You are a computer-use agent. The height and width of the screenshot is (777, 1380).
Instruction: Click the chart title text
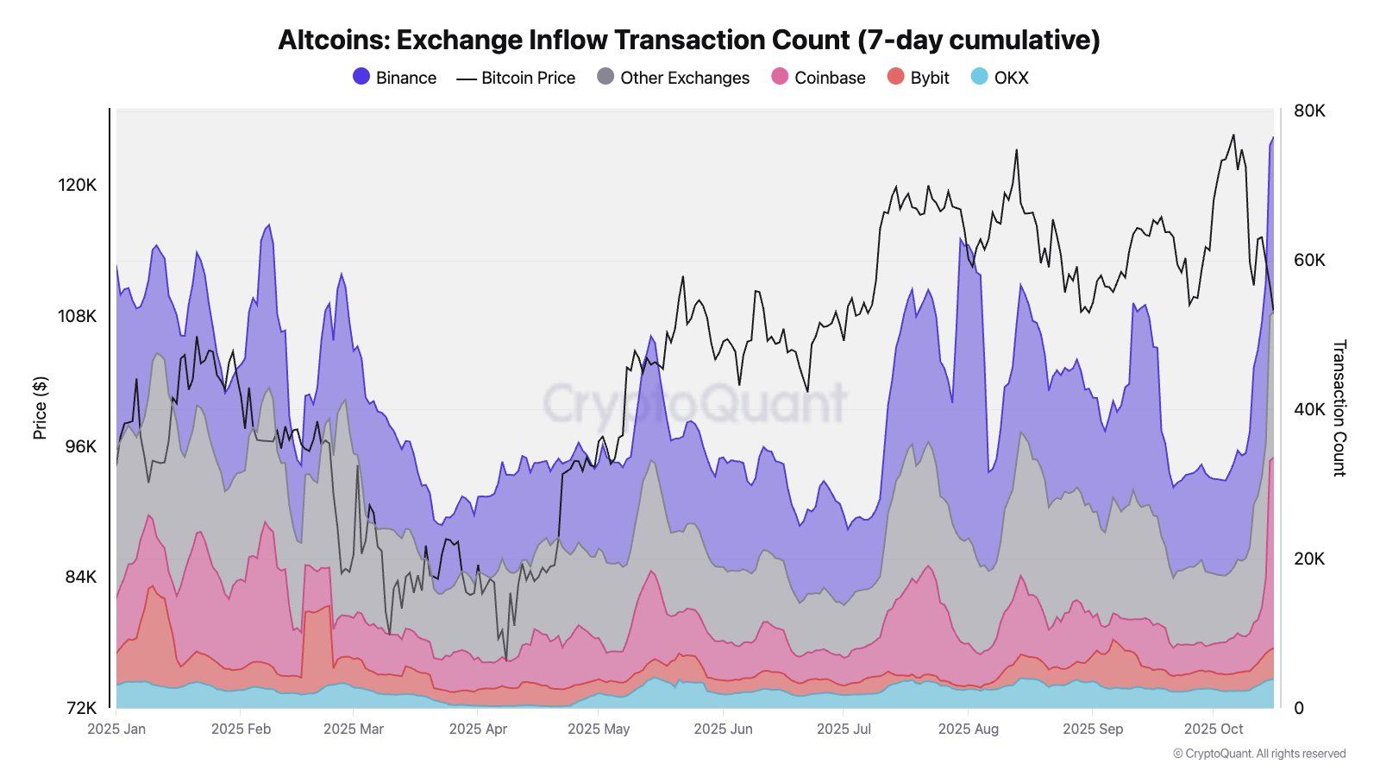pos(688,40)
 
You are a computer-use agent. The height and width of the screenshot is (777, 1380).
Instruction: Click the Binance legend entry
pos(395,78)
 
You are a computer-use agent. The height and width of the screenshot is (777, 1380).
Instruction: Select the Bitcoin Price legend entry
pos(516,78)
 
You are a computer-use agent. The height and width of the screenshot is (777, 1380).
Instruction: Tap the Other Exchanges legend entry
pos(674,78)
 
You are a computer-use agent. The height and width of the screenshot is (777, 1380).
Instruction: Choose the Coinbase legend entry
pos(818,78)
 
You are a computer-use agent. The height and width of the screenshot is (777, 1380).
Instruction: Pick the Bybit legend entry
pos(919,78)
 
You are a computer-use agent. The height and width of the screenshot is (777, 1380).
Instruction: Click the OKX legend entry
pos(1000,78)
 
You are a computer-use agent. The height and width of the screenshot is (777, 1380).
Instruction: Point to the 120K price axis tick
pos(77,186)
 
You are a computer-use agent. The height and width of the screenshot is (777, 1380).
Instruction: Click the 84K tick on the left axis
pos(78,577)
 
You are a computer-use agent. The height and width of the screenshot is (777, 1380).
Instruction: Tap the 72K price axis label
pos(78,708)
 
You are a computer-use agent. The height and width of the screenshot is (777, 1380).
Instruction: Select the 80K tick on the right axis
pos(1308,111)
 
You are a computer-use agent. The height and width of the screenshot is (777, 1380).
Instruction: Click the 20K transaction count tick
pos(1308,559)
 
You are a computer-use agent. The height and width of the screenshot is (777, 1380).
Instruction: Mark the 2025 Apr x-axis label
pos(478,729)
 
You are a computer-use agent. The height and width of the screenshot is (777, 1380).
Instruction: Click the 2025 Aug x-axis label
pos(968,729)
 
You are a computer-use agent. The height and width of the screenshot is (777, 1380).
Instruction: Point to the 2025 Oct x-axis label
pos(1213,729)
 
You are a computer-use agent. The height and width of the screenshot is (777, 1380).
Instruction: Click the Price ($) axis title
pos(40,407)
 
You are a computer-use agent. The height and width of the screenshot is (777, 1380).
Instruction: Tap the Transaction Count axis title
pos(1339,407)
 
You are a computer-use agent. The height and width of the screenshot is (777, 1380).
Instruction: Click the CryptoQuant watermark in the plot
pos(694,403)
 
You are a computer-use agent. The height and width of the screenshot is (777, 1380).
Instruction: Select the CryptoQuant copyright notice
pos(1258,754)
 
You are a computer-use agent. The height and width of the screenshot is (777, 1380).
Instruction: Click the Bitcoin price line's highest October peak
pos(1233,135)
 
